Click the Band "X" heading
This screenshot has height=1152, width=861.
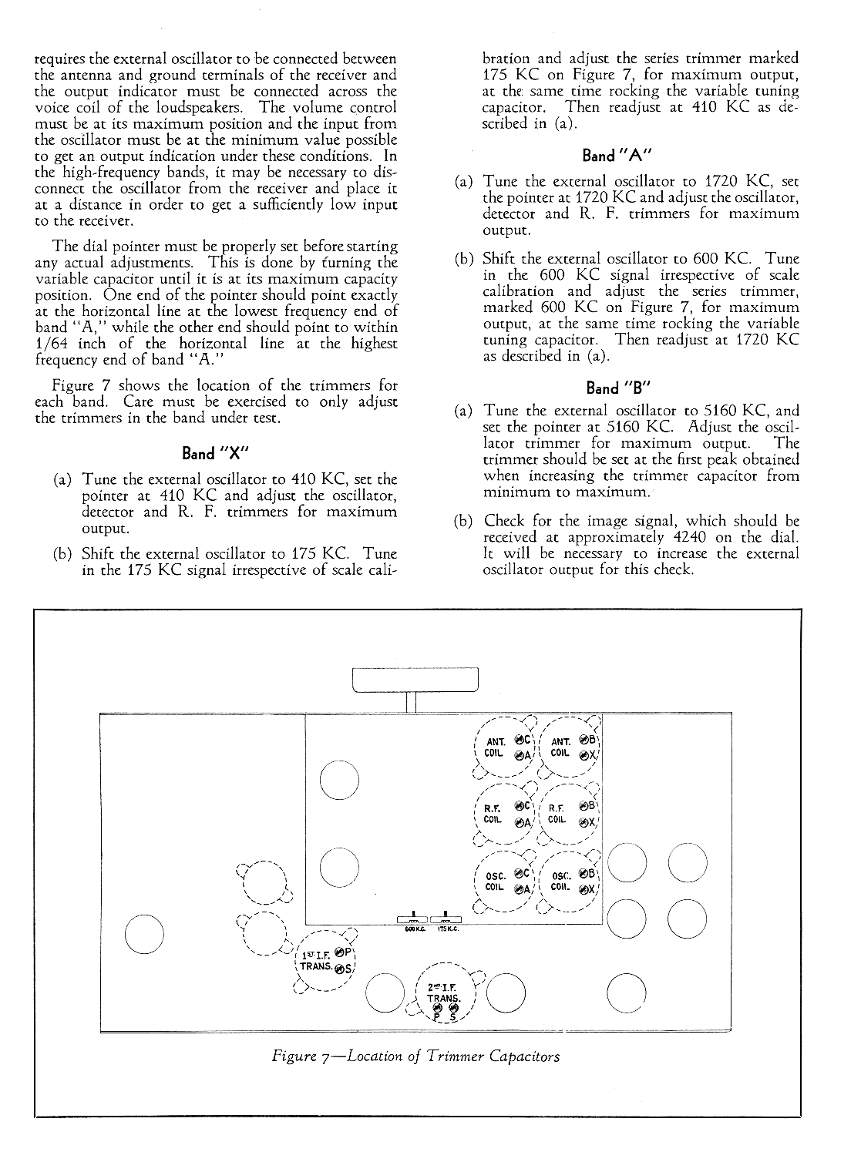[x=215, y=453]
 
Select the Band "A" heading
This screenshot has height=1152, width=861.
[x=617, y=156]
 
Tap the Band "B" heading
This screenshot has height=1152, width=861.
[x=618, y=388]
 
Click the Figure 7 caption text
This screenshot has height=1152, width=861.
[x=415, y=1056]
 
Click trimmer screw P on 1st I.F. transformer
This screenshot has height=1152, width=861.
[x=340, y=952]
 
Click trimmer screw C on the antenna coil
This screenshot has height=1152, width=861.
[x=520, y=740]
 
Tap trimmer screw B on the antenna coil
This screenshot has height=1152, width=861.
[x=584, y=740]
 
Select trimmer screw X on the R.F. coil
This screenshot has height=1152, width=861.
[x=584, y=822]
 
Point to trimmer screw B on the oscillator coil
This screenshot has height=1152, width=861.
[x=584, y=873]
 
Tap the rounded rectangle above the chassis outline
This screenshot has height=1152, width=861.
[x=415, y=680]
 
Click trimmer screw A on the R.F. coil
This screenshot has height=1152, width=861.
[x=520, y=822]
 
